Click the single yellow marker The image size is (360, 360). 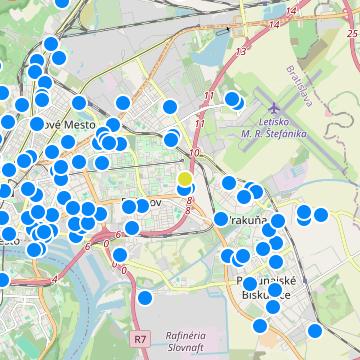pyautogui.click(x=185, y=178)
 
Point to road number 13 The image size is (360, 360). pyautogui.click(x=239, y=50)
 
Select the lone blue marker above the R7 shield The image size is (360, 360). pyautogui.click(x=145, y=297)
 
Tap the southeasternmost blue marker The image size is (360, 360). pyautogui.click(x=315, y=331)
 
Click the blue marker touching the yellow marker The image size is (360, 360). pyautogui.click(x=185, y=188)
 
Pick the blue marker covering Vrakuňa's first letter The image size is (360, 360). pyautogui.click(x=221, y=218)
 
